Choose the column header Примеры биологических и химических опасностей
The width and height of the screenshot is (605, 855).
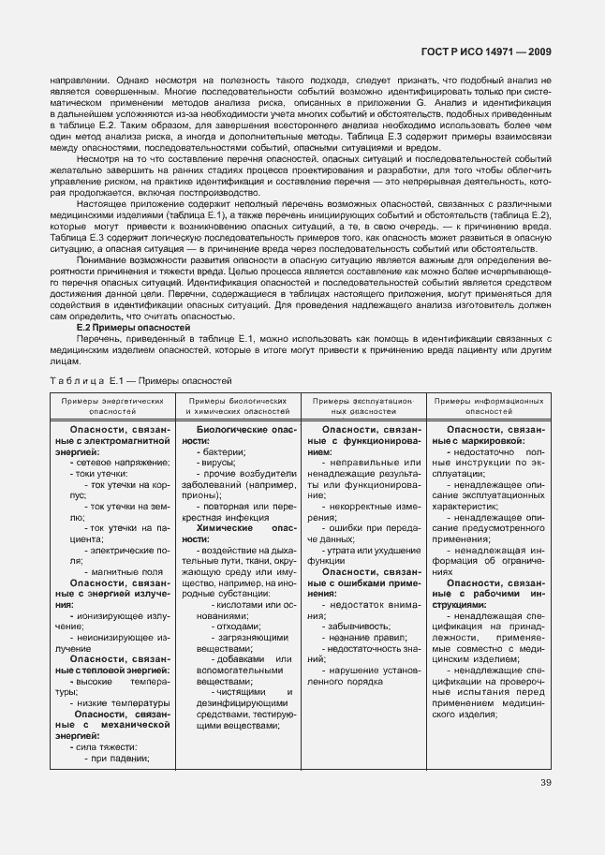click(237, 405)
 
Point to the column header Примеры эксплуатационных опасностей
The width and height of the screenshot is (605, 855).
click(362, 405)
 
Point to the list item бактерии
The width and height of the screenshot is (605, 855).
click(222, 451)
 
